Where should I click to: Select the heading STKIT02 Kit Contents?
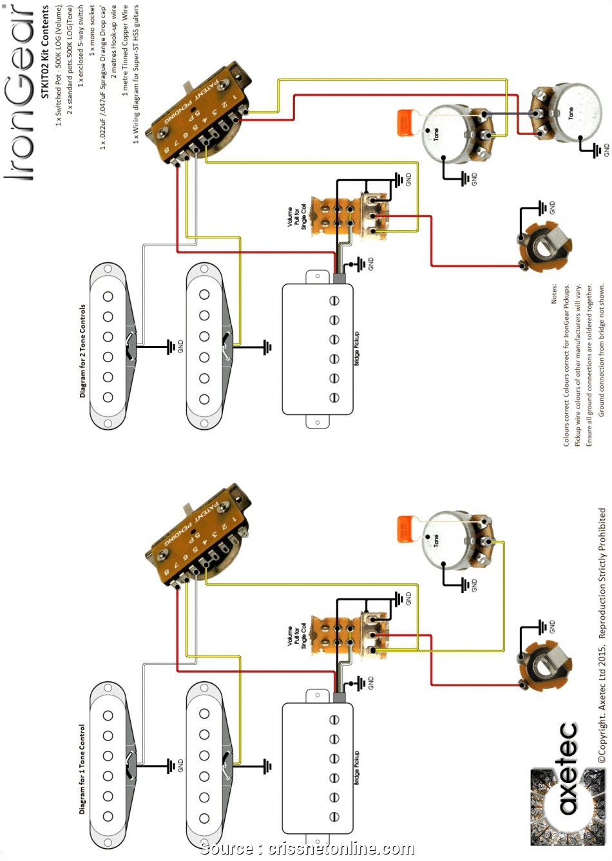[x=45, y=52]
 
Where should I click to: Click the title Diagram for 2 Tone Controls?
[x=82, y=351]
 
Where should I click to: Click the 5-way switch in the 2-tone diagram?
[x=200, y=116]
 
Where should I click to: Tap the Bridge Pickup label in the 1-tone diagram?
[x=357, y=767]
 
